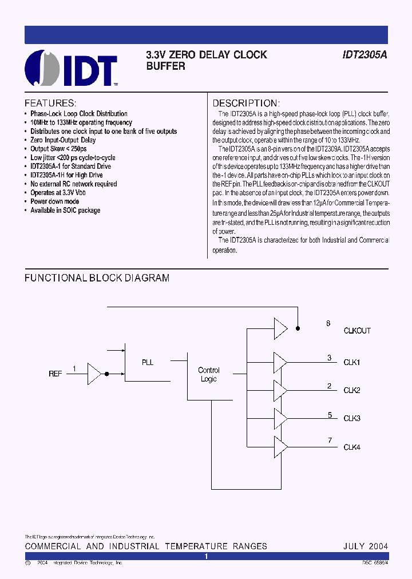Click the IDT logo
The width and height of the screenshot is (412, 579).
tap(71, 68)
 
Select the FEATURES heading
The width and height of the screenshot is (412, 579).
tap(50, 104)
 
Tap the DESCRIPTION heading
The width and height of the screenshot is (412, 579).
tap(245, 104)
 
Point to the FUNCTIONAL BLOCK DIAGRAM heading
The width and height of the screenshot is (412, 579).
tap(97, 278)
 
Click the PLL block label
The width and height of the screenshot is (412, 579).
tap(148, 362)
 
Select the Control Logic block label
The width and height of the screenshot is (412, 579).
tap(209, 375)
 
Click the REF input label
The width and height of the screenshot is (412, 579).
tap(56, 374)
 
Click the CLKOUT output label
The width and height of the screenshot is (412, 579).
tap(357, 331)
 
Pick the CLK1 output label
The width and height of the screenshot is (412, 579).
tap(351, 362)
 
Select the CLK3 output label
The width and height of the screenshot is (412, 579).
tap(351, 419)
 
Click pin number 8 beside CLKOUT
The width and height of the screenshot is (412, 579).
tap(328, 323)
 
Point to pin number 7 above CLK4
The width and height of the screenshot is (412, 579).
tap(330, 439)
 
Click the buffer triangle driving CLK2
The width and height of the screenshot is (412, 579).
tap(280, 390)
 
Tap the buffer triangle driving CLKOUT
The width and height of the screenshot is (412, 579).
tap(280, 328)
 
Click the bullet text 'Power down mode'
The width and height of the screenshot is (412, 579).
tap(55, 201)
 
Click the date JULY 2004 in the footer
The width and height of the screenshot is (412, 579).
tap(366, 546)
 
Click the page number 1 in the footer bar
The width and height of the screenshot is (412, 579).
tap(207, 556)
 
